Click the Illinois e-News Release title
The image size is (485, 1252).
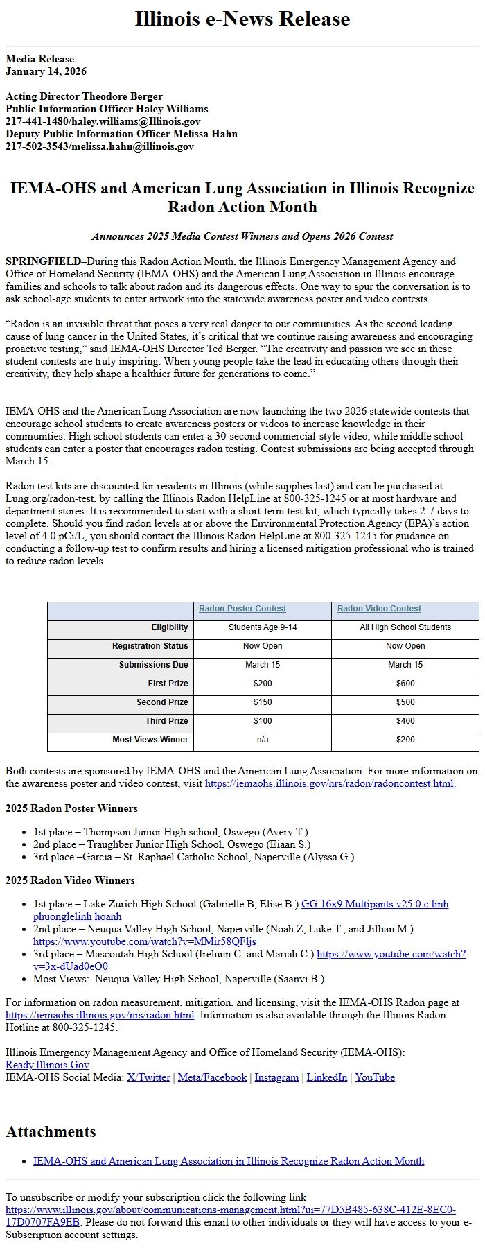pos(242,19)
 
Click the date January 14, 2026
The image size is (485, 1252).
pos(46,71)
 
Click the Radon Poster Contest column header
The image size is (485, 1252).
pos(242,609)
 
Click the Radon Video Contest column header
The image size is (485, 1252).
pos(379,609)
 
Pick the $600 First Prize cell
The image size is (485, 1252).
pos(405,684)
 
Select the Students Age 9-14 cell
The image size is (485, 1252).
pos(262,627)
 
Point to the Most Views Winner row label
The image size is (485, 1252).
pos(150,740)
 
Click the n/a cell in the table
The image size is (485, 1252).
pos(262,740)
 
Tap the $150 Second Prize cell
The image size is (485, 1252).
pos(262,702)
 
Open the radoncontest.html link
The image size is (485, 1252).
pos(330,783)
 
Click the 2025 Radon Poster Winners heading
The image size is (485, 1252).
pos(71,808)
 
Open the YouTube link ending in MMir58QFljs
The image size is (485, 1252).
pos(144,941)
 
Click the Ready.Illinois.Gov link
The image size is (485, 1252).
pos(47,1065)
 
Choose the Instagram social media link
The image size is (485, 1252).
pos(276,1077)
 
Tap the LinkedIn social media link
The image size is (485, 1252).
pos(326,1077)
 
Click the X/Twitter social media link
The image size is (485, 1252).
pos(148,1077)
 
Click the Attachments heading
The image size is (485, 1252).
pos(51,1131)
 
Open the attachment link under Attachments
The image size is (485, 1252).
pos(229,1161)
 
